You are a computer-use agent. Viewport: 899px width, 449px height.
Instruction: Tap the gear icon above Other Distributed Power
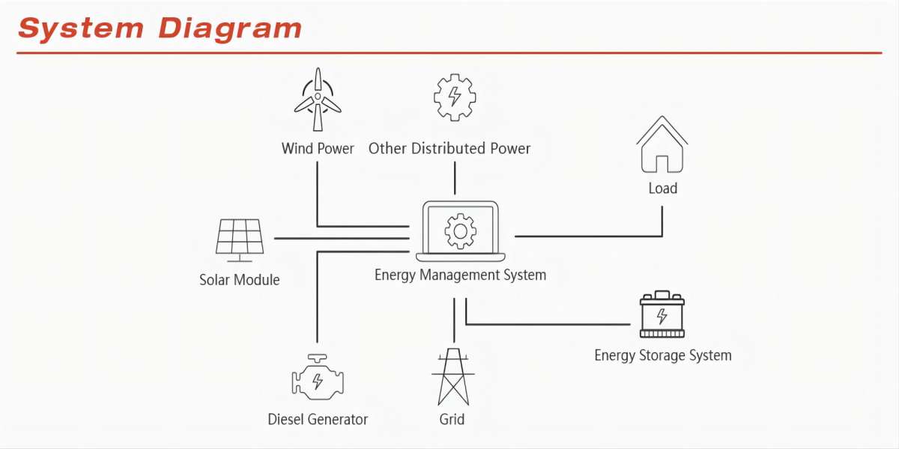tap(455, 97)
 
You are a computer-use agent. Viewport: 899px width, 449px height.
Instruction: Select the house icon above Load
tap(662, 144)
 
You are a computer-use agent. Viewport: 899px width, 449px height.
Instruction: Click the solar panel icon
tap(240, 240)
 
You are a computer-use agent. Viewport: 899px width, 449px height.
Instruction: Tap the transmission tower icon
tap(453, 377)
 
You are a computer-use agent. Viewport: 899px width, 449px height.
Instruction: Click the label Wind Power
tap(318, 148)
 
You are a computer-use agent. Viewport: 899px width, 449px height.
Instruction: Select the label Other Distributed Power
tap(449, 148)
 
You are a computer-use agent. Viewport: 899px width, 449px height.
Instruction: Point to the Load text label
tap(662, 188)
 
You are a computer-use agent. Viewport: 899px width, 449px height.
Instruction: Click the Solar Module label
tap(240, 279)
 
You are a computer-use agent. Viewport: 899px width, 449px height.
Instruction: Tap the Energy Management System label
tap(460, 275)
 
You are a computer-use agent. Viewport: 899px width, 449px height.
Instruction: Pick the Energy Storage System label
tap(663, 355)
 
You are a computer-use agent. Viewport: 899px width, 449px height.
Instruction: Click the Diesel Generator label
tap(318, 419)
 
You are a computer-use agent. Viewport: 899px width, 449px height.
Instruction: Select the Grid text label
tap(452, 419)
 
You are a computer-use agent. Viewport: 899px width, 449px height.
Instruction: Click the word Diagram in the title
tap(229, 29)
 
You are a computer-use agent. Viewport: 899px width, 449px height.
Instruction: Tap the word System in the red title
tap(81, 28)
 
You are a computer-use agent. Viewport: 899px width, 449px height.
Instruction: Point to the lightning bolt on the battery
tap(662, 316)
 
